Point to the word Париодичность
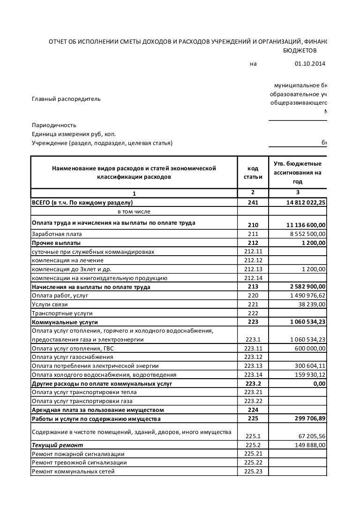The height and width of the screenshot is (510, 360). coord(53,126)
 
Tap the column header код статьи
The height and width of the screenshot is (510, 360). coord(252,173)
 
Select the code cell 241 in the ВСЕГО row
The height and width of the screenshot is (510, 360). coord(252,203)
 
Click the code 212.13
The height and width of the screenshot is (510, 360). coord(252,269)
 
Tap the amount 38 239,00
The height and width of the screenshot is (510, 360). coord(311,304)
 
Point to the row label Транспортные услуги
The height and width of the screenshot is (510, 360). coord(62,313)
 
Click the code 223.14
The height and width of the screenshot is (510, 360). coord(252,375)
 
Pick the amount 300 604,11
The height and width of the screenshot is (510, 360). coord(309,366)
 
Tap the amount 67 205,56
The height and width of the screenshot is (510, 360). coord(310,436)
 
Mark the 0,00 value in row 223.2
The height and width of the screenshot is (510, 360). coord(319,384)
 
